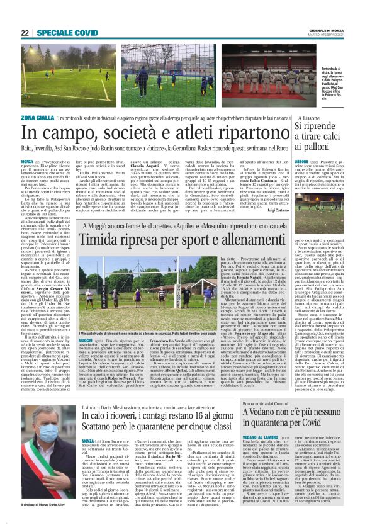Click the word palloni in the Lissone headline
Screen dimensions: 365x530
(318, 157)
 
